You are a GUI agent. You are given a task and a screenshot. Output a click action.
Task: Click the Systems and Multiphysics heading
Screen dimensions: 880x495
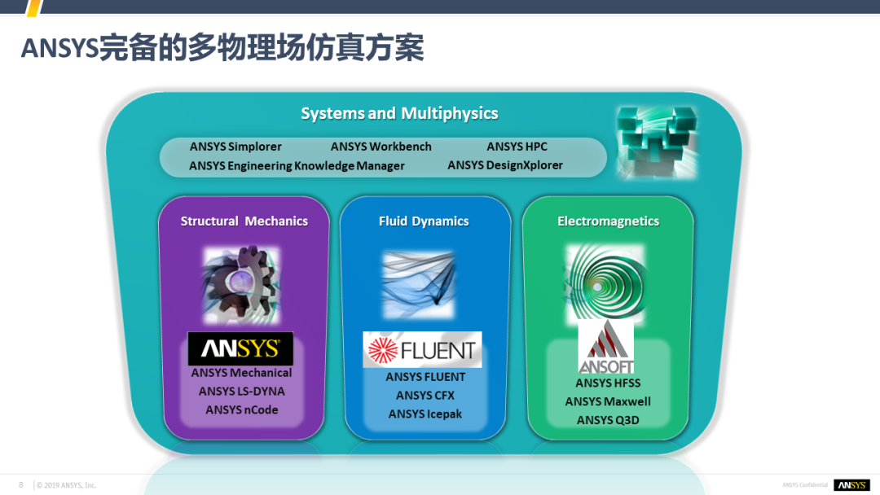tap(399, 114)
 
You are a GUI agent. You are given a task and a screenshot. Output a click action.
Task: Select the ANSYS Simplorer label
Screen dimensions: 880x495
tap(235, 147)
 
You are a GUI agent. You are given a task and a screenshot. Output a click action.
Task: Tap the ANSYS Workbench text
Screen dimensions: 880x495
tap(381, 147)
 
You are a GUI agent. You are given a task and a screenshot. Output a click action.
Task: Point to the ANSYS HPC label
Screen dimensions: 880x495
tap(517, 147)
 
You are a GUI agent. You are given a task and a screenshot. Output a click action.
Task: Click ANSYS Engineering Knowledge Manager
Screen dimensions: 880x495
tap(297, 165)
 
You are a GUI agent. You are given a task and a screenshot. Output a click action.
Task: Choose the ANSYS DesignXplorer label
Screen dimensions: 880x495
tap(505, 165)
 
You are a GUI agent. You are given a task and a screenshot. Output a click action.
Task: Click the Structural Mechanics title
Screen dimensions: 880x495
tap(244, 221)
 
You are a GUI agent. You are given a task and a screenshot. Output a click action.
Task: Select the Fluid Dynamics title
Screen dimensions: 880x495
tap(424, 221)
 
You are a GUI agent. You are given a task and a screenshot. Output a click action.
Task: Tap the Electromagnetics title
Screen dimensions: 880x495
tap(609, 221)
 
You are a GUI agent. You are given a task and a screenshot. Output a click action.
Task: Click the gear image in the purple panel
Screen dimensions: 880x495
tap(241, 285)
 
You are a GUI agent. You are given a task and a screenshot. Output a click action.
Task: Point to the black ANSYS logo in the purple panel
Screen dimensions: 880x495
tap(240, 348)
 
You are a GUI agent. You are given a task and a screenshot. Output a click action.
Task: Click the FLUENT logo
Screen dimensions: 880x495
tap(422, 349)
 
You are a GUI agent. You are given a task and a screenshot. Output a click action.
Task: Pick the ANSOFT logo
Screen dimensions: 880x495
tap(606, 348)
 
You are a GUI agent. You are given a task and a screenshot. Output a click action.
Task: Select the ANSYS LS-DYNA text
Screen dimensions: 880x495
tap(242, 392)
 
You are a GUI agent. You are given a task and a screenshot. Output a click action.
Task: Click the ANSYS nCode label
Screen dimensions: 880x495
tap(242, 410)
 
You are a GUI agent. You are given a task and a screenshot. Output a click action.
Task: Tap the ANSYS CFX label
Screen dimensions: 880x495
tap(425, 395)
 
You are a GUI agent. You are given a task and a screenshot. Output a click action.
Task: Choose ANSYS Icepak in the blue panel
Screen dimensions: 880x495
tap(425, 414)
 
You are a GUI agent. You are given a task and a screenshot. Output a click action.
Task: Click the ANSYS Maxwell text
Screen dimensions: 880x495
tap(608, 401)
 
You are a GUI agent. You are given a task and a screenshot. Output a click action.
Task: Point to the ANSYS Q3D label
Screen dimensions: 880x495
tap(608, 420)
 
